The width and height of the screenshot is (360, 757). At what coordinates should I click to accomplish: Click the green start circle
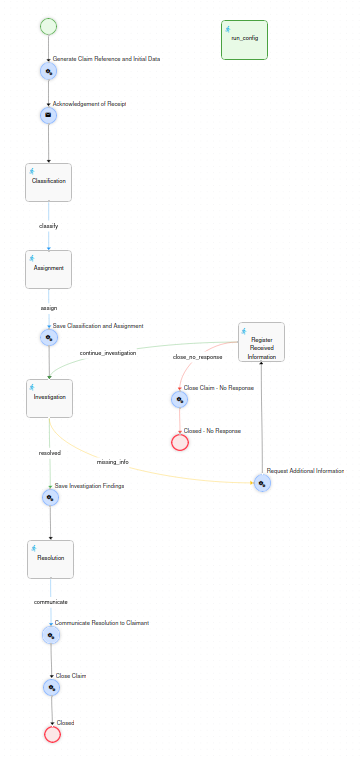pos(48,27)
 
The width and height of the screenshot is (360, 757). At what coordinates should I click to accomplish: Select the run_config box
pos(244,40)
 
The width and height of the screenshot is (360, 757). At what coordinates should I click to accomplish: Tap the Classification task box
pos(49,182)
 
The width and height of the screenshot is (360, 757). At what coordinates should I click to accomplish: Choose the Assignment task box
pos(49,269)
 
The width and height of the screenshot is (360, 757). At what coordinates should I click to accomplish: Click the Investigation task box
pos(49,398)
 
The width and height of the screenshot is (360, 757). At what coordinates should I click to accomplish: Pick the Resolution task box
pos(51,559)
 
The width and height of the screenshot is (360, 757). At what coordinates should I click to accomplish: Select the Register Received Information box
pos(262,342)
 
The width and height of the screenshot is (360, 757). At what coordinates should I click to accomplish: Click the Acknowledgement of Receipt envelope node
pos(48,115)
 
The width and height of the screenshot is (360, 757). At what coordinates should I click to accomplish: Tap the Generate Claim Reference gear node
pos(48,71)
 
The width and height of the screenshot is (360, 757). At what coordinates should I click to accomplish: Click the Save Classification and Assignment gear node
pos(49,337)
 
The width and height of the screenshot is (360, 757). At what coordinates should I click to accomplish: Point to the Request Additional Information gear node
pos(262,483)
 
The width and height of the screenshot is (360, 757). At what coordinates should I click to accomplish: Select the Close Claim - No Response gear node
pos(180,399)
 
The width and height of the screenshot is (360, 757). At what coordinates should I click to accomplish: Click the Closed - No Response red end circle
pos(180,442)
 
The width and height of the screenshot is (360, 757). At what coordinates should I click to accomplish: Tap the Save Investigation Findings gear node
pos(50,497)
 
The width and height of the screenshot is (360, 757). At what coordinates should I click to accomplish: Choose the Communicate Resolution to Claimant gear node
pos(51,635)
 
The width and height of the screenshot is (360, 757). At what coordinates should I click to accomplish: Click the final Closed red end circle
pos(52,734)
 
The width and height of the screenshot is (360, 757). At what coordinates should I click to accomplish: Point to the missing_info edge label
pos(112,462)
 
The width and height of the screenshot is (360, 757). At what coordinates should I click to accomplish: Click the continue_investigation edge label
pos(108,353)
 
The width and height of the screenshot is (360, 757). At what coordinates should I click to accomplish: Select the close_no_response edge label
pos(197,357)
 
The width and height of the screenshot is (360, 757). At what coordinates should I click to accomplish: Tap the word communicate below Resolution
pos(51,602)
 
